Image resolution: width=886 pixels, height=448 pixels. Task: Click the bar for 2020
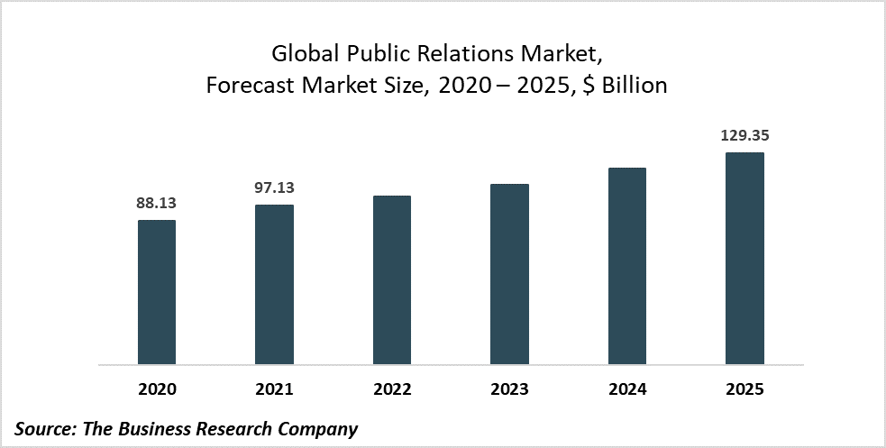click(156, 293)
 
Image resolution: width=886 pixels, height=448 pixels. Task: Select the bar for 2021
click(274, 285)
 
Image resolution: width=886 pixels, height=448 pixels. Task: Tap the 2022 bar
click(392, 280)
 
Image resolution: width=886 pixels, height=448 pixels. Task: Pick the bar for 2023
click(509, 275)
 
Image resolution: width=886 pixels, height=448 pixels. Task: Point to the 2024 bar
click(627, 267)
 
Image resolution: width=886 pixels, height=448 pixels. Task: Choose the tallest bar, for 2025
click(744, 259)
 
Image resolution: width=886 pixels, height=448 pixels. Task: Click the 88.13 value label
click(156, 204)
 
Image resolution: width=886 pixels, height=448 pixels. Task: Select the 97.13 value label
click(274, 188)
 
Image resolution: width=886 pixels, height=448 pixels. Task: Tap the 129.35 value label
click(744, 136)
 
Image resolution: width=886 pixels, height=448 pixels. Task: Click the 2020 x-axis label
click(156, 389)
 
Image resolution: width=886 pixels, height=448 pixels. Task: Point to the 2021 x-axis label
click(274, 389)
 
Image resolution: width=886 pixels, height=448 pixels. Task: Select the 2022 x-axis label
click(392, 389)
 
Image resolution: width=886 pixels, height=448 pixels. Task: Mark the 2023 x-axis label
click(509, 389)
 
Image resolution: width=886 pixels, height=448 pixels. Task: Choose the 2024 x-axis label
click(627, 389)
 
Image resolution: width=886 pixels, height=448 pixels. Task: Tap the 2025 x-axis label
click(744, 389)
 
